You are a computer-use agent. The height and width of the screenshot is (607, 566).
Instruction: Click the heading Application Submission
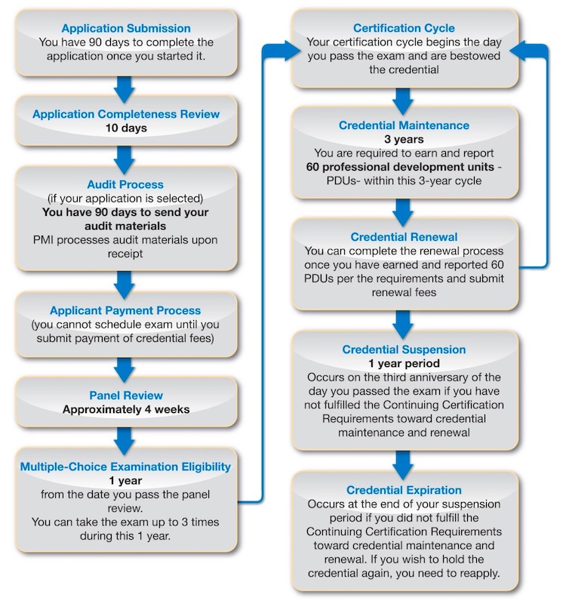coord(126,28)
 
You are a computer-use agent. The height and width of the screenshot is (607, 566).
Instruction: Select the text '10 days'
coord(126,128)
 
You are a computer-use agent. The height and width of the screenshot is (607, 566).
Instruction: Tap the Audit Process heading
coord(125,184)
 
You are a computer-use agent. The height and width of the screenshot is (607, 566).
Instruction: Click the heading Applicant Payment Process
coord(125,310)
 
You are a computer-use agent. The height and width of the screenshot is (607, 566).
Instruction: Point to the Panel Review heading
coord(126,396)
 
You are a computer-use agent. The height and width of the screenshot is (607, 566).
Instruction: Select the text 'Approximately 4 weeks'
coord(126,409)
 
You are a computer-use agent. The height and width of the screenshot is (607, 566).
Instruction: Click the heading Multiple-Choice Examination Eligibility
coord(125,467)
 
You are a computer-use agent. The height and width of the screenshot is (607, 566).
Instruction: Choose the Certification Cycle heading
coord(404,28)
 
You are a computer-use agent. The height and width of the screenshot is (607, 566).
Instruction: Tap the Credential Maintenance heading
coord(404,125)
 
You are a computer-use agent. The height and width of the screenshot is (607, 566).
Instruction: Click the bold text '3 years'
coord(404,140)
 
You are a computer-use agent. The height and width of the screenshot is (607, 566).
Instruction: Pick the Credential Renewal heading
coord(404,237)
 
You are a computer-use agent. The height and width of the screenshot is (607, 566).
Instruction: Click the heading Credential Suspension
coord(404,350)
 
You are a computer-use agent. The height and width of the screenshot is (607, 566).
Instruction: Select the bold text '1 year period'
coord(404,363)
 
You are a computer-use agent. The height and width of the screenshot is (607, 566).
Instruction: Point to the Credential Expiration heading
coord(404,490)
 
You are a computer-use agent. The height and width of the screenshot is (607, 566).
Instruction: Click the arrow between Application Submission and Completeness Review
coord(125,89)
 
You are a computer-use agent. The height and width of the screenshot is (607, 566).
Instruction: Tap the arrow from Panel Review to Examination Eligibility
coord(125,442)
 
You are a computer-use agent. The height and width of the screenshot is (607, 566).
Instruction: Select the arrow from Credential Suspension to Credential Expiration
coord(403,465)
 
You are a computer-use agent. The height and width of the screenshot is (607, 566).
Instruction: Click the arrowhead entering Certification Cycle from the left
coord(293,51)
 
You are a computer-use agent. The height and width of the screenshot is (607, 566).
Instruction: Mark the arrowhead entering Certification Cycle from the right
coord(518,51)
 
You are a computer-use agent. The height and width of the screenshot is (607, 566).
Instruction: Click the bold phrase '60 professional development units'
coord(400,167)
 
